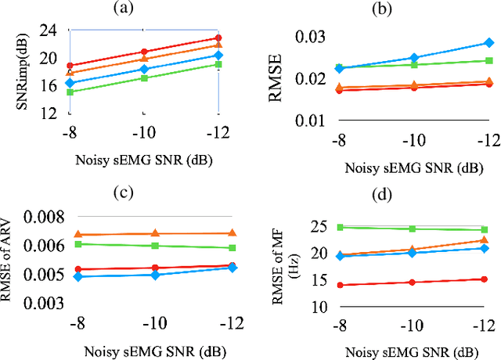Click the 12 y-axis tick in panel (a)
[x=48, y=113]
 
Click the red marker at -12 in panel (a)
[x=218, y=38]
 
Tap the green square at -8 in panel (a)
[x=70, y=92]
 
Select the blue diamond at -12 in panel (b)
[x=488, y=43]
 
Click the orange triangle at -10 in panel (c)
[x=155, y=233]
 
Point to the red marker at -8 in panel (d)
[x=340, y=286]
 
